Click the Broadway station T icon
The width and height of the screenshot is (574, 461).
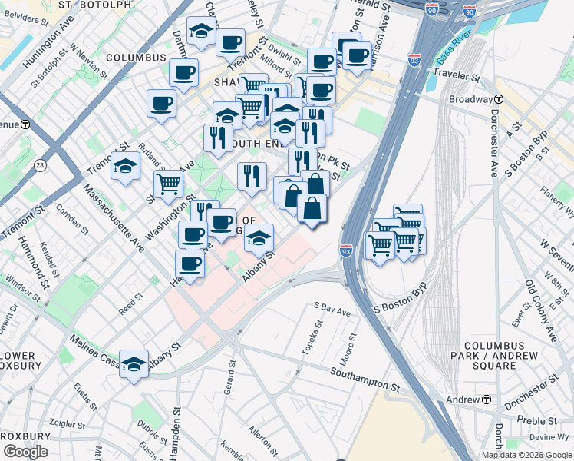[x=499, y=100]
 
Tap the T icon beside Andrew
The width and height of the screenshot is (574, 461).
[x=486, y=400]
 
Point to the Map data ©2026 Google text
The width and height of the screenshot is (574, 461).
[x=527, y=455]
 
